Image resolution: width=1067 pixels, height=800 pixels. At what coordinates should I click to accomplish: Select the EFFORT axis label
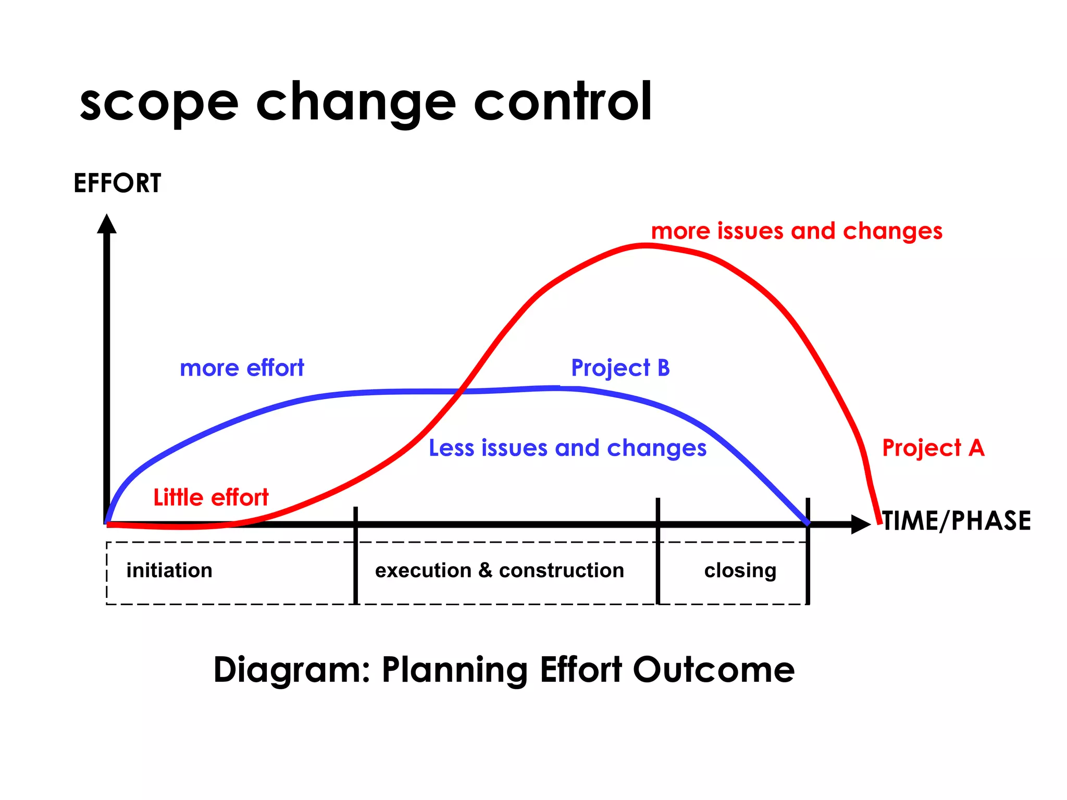117,183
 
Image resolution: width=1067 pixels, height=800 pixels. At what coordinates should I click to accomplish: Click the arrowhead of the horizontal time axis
861,524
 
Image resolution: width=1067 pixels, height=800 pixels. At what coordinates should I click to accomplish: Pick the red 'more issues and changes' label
797,231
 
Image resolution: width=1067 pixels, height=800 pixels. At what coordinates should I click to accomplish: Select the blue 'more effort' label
242,368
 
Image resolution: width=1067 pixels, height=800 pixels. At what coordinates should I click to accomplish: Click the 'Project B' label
620,368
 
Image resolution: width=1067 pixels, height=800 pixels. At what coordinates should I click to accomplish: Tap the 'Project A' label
933,448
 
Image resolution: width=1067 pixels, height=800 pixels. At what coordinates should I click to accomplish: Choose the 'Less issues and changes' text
567,448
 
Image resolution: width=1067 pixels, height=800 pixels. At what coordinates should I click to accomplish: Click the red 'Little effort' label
211,497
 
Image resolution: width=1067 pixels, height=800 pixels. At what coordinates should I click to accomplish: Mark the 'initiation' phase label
169,570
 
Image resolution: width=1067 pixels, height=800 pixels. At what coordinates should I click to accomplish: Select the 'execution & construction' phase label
499,570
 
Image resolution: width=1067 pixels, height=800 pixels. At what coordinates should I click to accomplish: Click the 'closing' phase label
740,570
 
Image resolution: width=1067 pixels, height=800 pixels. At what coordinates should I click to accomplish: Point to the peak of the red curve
646,245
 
